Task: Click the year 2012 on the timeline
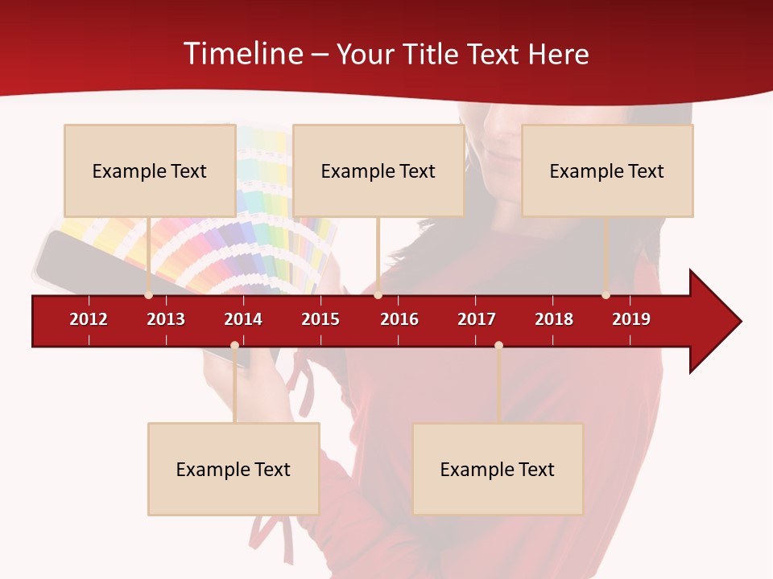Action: coord(89,319)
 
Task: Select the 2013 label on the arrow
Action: coord(166,319)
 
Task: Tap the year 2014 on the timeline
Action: coord(243,319)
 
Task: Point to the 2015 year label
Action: coord(320,319)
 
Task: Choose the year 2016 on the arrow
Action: coord(399,319)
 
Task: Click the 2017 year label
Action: coord(477,319)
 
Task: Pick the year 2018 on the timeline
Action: coord(554,319)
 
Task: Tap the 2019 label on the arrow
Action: coord(631,319)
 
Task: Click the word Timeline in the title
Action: coord(242,54)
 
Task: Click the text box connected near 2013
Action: coord(150,170)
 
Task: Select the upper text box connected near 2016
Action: coord(378,170)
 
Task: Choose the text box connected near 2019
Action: coord(607,170)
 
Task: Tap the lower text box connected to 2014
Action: coord(234,469)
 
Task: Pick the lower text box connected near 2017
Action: coord(498,469)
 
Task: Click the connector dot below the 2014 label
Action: coord(234,345)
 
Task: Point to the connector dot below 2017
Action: coord(498,345)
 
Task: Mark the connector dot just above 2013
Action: coord(148,295)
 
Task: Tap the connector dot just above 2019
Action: coord(606,295)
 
